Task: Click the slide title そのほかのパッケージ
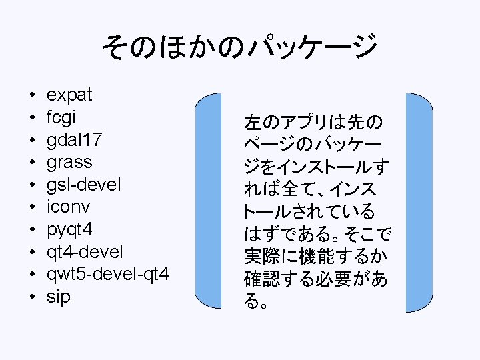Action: pyautogui.click(x=239, y=47)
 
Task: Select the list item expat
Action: pyautogui.click(x=69, y=95)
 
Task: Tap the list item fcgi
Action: pyautogui.click(x=61, y=117)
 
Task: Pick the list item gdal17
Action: pyautogui.click(x=75, y=140)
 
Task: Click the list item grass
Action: pyautogui.click(x=69, y=163)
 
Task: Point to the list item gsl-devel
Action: pyautogui.click(x=84, y=185)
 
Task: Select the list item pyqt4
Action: pyautogui.click(x=69, y=230)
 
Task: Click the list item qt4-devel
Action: pyautogui.click(x=84, y=252)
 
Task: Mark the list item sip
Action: pyautogui.click(x=58, y=297)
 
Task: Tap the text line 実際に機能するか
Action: pyautogui.click(x=315, y=257)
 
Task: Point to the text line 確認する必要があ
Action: pyautogui.click(x=315, y=279)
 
